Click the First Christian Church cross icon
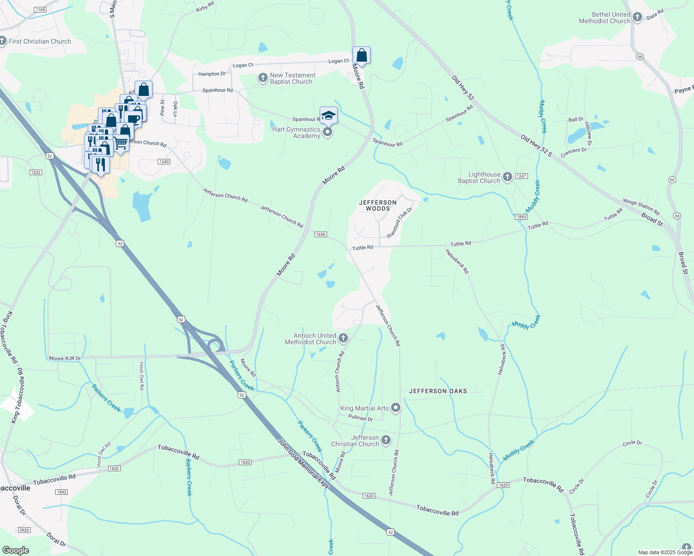pos(3,41)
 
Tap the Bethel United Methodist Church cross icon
pos(637,18)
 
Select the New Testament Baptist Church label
pos(292,78)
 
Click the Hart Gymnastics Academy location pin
pos(328,133)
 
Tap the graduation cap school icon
pos(328,115)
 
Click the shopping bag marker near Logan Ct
pos(361,56)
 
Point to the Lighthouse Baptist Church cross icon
pos(508,177)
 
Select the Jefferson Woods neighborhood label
pos(378,205)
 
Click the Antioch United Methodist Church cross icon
pos(343,338)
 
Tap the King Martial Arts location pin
pos(396,408)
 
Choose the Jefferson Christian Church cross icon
pos(386,440)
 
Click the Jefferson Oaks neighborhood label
pos(438,391)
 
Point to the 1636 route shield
pos(321,234)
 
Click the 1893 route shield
pos(521,217)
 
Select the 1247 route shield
pos(521,176)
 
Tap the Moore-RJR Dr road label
pos(65,358)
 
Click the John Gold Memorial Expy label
pos(303,463)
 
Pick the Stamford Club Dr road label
pos(399,223)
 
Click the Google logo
pos(15,550)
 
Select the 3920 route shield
pos(24,530)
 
